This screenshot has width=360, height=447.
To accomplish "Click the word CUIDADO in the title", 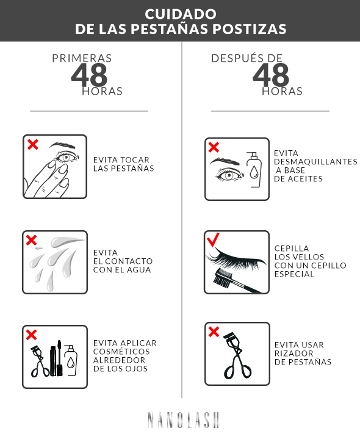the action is pos(181,14).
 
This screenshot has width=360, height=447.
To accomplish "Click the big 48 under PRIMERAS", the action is pos(89,75).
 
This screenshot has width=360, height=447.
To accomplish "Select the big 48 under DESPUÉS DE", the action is pos(271,75).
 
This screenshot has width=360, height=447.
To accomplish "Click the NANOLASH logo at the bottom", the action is pos(184,420).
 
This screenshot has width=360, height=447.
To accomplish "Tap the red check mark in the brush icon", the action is pos(214,239).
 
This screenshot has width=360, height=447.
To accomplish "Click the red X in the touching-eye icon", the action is pos(33,144).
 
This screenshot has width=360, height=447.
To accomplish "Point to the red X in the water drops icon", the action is pos(31,240).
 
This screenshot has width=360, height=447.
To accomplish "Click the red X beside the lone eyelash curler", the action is pos(214,332).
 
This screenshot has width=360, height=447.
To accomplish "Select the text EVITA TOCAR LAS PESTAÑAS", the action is pos(124,164).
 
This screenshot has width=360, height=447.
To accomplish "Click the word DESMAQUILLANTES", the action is pos(315,162).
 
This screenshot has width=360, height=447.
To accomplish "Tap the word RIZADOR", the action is pos(294,354).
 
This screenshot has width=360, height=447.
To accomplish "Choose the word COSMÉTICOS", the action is pos(121,352).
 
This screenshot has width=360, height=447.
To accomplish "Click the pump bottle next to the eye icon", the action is pos(254,170).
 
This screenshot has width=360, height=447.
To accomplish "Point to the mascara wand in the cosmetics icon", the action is pos(60,358).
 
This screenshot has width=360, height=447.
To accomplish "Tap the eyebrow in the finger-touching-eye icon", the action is pos(62,145).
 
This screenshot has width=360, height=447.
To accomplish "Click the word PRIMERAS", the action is pos(82,59).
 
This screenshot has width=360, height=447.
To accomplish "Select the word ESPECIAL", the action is pos(295,274).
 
